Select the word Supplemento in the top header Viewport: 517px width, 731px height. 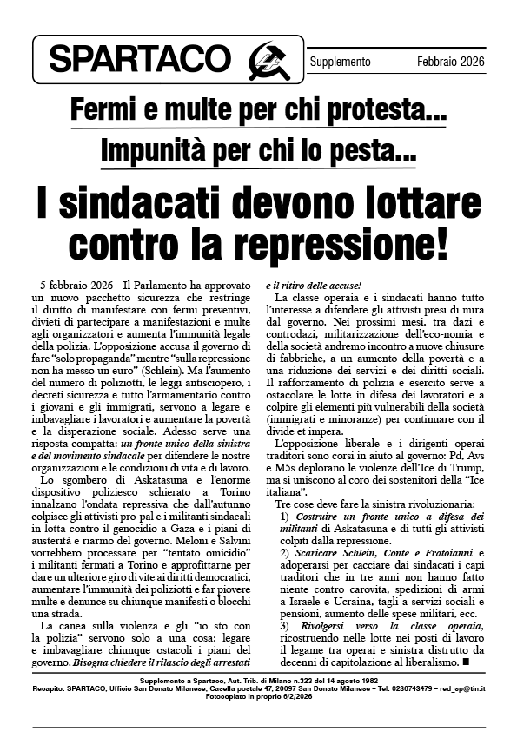click(340, 62)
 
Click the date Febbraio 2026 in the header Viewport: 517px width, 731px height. click(450, 62)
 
